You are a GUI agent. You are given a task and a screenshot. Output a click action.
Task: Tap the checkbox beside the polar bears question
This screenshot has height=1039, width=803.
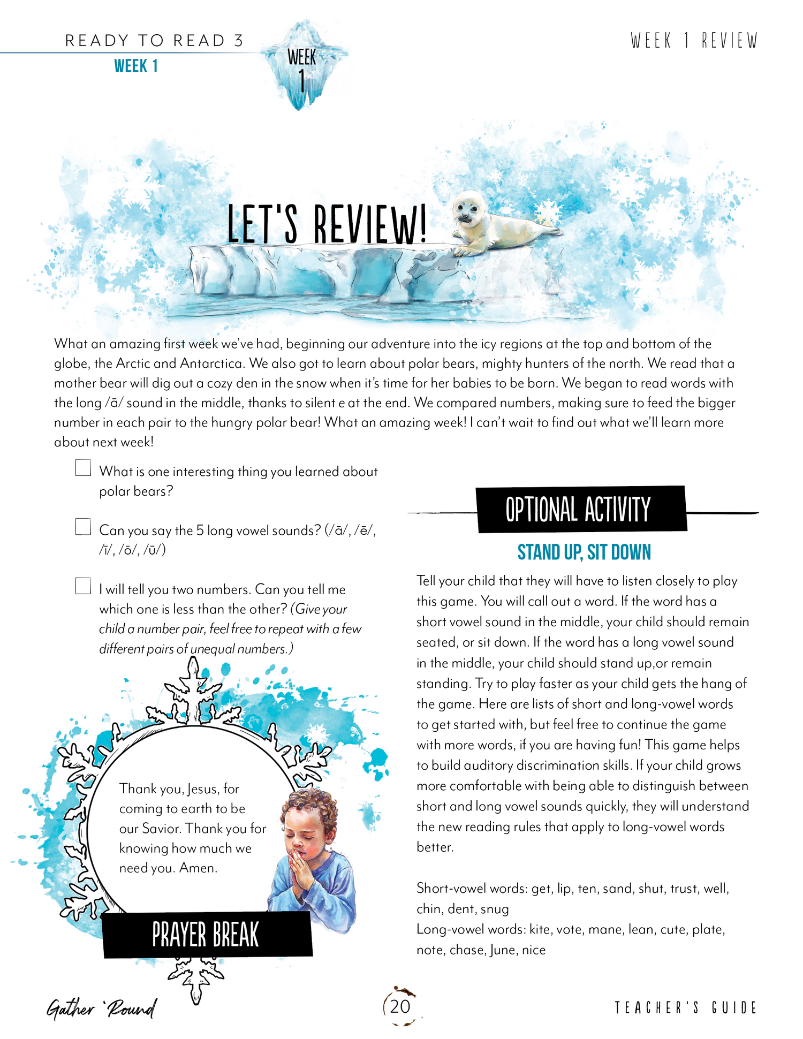tap(83, 468)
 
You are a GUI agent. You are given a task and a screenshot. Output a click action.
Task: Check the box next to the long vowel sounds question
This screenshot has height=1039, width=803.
tap(83, 527)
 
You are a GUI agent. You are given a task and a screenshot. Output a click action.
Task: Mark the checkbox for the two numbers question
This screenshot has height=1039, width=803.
tap(83, 586)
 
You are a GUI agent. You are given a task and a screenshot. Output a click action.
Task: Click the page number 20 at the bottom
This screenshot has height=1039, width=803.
tap(400, 1007)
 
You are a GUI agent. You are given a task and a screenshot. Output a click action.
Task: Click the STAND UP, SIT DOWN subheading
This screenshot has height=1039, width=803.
tap(584, 552)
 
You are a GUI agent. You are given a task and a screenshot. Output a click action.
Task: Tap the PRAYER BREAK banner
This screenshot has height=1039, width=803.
tap(206, 935)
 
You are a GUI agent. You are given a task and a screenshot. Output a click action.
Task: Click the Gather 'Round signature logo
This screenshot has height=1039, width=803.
tap(102, 1008)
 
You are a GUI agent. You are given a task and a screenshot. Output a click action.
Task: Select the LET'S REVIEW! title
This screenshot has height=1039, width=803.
tap(327, 225)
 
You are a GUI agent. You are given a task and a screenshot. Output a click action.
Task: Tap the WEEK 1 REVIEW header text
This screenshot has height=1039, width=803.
tap(694, 41)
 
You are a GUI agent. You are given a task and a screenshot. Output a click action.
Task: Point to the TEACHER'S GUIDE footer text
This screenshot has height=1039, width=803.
tap(685, 1008)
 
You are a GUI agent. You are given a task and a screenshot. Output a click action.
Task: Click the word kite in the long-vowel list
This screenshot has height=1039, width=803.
tap(540, 930)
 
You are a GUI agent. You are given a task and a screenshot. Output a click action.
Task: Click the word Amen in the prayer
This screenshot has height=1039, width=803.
tap(198, 868)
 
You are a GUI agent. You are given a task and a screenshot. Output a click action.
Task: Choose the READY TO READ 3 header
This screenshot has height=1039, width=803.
tap(154, 41)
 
